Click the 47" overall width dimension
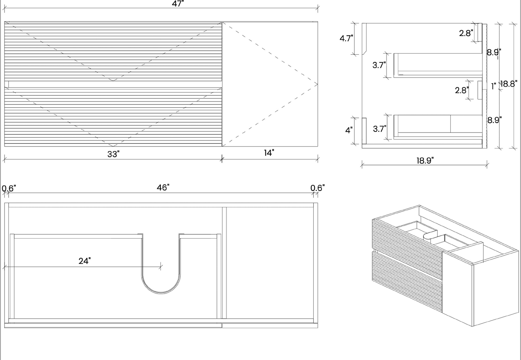[178, 4]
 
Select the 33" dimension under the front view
[113, 154]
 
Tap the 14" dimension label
[269, 153]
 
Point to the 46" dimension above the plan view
[163, 187]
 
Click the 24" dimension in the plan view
[84, 261]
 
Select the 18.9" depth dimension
[425, 160]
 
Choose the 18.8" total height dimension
[509, 84]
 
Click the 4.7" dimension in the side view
[346, 38]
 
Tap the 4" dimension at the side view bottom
[349, 130]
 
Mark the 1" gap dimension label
[494, 86]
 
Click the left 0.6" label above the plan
[9, 188]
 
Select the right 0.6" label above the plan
[317, 188]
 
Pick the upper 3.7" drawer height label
[379, 65]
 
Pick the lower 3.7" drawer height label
[379, 129]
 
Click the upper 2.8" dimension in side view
[466, 33]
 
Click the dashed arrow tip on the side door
[317, 84]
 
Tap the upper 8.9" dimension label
[494, 52]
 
